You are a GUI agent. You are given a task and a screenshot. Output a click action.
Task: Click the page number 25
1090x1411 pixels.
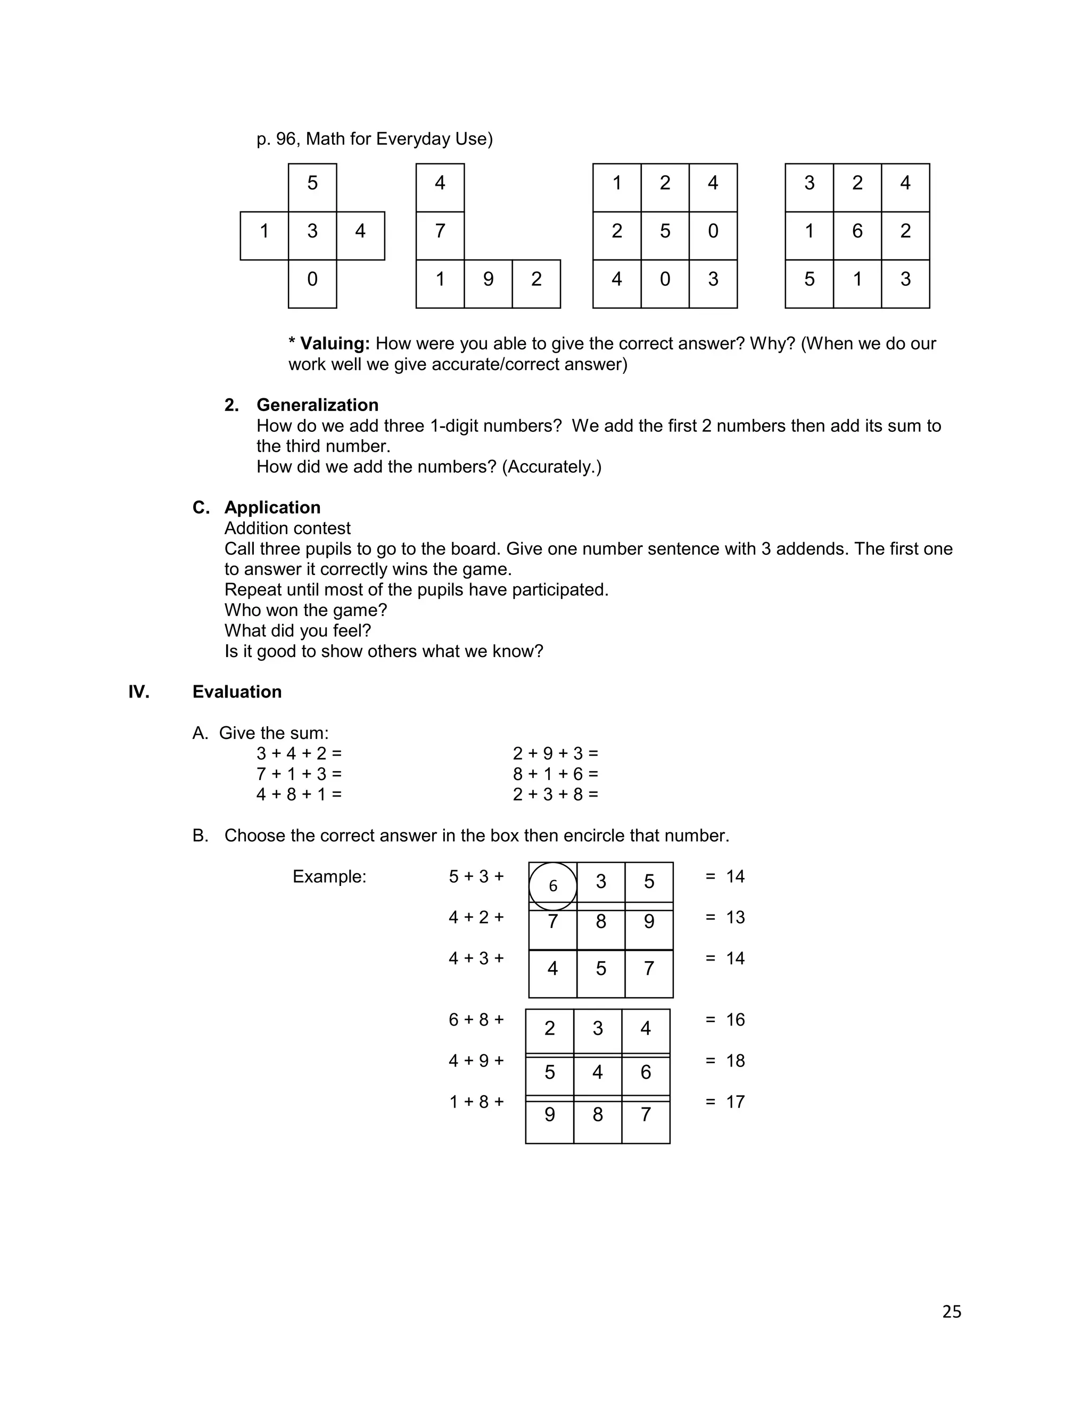(951, 1311)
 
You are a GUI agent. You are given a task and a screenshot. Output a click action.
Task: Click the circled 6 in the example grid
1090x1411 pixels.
(553, 886)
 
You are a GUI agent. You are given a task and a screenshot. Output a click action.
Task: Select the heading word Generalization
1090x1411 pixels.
(317, 405)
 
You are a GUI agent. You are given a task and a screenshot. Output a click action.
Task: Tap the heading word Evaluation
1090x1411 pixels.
(237, 692)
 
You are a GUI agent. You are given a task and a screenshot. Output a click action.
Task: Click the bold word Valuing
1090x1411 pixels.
(334, 344)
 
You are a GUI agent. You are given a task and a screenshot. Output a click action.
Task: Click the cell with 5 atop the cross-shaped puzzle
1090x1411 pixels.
(312, 184)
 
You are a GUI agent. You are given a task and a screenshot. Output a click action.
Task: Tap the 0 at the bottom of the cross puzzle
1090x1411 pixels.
(312, 280)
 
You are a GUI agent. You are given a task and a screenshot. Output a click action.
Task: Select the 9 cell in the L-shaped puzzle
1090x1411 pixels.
(488, 280)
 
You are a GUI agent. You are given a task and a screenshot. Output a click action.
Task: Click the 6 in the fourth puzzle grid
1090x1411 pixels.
(857, 231)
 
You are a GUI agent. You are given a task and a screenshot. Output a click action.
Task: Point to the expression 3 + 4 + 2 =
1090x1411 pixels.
(299, 753)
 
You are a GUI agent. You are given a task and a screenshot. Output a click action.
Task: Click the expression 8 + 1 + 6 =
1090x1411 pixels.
(555, 774)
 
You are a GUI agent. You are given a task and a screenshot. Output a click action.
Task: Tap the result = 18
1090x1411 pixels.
(725, 1061)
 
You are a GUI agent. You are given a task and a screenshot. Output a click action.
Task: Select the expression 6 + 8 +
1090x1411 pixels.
(476, 1020)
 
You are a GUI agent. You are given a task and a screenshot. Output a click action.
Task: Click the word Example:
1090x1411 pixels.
(329, 877)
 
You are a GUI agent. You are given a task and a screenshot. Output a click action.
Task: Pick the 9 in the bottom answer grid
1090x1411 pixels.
(549, 1114)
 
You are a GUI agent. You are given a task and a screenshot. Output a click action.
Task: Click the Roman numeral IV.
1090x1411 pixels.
(139, 692)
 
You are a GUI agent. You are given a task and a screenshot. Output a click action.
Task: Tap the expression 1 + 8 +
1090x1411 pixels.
(476, 1102)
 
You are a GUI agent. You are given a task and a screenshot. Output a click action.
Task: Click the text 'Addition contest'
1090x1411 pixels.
(287, 529)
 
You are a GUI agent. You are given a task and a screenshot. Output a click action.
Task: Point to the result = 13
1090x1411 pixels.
(725, 917)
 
